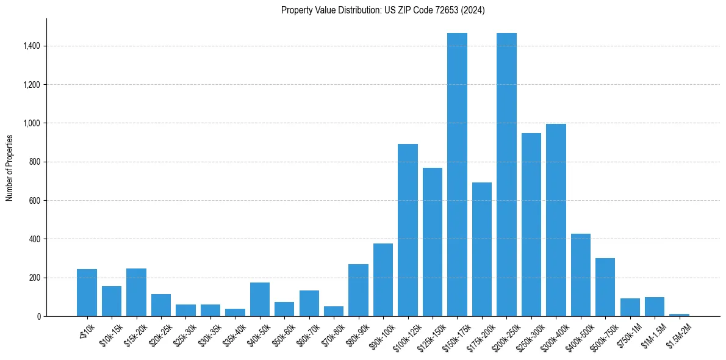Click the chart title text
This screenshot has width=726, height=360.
[383, 10]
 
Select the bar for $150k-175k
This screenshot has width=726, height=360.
[457, 175]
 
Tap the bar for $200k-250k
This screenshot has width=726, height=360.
[506, 175]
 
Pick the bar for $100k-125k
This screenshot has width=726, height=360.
[408, 230]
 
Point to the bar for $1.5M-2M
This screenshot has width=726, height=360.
[679, 315]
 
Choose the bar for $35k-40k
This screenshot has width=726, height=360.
[235, 312]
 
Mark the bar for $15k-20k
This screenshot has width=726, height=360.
[136, 292]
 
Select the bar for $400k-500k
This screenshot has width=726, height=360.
[580, 275]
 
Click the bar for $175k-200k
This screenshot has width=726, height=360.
[481, 249]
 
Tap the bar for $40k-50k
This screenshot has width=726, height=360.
[260, 299]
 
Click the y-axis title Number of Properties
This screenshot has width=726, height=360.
[10, 168]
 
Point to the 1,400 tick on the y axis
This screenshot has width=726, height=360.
[31, 46]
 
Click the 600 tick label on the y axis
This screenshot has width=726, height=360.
[34, 200]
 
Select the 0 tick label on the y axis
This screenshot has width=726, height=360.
[38, 316]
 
